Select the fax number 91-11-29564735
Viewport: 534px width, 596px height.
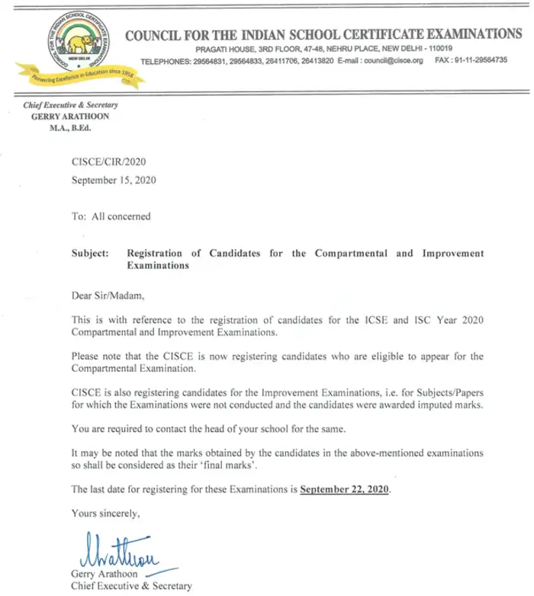(481, 60)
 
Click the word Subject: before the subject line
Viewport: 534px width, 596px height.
(90, 253)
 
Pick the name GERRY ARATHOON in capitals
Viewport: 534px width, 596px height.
(71, 116)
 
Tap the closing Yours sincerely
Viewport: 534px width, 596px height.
(105, 513)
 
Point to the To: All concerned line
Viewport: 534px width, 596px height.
(111, 216)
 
